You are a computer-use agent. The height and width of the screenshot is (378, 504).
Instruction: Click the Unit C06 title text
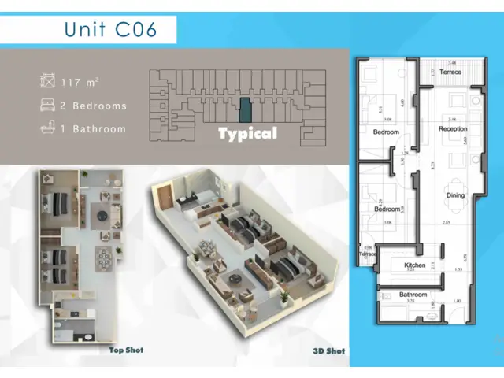[111, 30]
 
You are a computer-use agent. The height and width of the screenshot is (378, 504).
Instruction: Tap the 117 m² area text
[80, 81]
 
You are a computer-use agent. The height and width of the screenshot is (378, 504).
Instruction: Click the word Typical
[247, 133]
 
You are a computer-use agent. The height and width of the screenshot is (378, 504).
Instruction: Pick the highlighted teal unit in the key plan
[246, 109]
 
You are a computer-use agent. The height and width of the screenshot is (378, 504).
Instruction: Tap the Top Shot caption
[126, 350]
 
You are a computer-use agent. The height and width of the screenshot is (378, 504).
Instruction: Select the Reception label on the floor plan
[453, 128]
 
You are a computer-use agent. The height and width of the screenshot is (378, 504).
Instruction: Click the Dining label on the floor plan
[455, 195]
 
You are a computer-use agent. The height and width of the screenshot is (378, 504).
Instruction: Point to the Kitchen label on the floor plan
[415, 266]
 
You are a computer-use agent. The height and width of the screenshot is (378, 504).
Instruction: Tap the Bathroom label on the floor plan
[413, 295]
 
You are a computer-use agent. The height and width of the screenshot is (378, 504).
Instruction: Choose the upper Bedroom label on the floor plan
[387, 132]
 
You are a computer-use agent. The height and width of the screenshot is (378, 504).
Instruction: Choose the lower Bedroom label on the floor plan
[387, 209]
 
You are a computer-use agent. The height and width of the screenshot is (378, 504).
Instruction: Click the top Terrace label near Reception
[450, 71]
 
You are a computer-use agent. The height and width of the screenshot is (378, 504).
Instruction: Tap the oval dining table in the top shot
[105, 258]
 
